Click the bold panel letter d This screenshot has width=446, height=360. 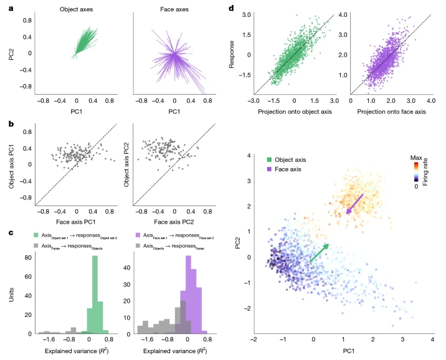(232, 8)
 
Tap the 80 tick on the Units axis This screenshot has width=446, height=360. (28, 257)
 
